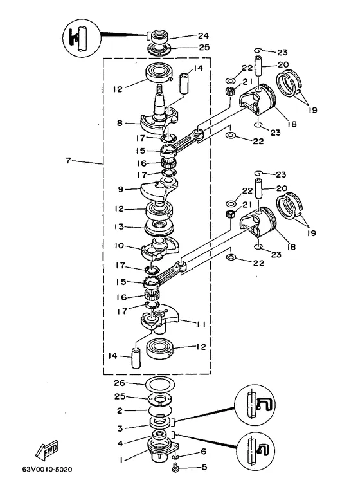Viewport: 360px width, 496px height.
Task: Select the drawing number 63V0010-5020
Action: click(47, 469)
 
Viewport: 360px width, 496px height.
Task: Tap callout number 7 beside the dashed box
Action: click(68, 160)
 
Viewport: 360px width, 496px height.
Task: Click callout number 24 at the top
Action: click(204, 36)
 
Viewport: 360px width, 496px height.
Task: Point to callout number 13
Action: click(119, 227)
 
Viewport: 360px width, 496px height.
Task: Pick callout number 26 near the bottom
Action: click(120, 383)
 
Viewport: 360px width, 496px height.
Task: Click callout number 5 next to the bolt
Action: click(204, 467)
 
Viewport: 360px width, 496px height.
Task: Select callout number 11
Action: click(201, 324)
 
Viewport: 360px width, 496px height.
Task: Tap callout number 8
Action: click(120, 123)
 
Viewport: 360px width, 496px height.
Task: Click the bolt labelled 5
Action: click(175, 468)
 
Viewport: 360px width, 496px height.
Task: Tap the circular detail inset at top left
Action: click(82, 38)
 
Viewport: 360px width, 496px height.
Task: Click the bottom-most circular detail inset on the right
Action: click(256, 452)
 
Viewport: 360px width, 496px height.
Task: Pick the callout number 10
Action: click(119, 246)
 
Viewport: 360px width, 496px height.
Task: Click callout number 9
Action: click(120, 189)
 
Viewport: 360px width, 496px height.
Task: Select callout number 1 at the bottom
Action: click(121, 460)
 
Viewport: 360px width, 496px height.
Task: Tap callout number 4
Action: click(120, 443)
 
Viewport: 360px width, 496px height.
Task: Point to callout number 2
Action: click(120, 410)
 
